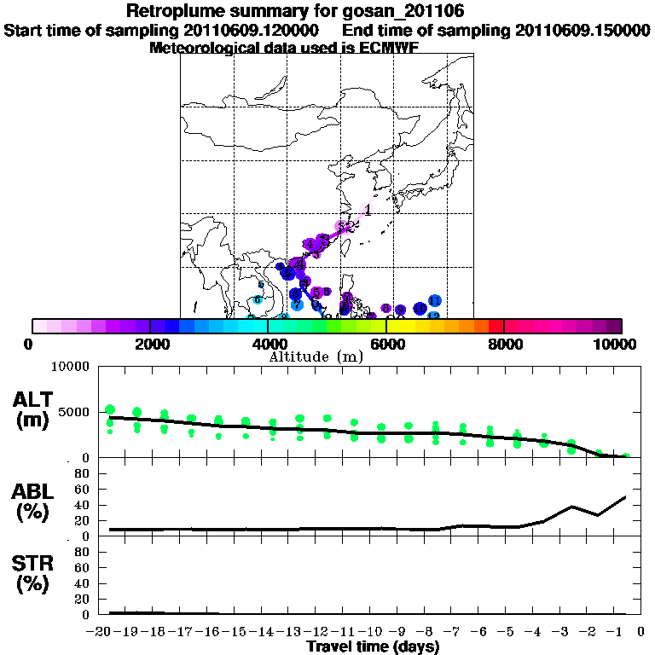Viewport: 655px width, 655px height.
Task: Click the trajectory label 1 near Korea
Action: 368,210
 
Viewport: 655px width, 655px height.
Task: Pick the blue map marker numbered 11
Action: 434,301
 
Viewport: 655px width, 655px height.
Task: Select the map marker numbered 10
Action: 420,309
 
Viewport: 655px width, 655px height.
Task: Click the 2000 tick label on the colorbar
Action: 149,344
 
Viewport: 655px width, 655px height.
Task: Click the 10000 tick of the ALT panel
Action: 70,367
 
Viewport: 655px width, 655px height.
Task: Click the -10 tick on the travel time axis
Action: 353,632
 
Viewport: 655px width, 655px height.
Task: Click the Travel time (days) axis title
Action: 373,647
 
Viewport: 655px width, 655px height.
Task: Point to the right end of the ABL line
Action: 626,496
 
